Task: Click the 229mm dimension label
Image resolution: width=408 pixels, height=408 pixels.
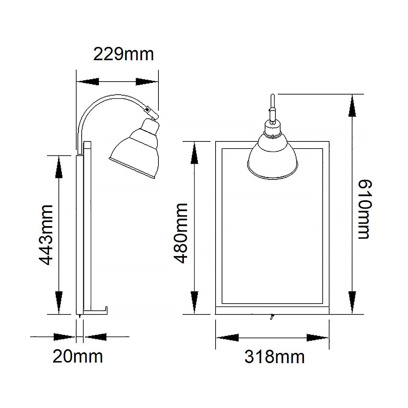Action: pos(123,54)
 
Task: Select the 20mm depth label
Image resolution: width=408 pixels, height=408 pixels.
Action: pos(78,357)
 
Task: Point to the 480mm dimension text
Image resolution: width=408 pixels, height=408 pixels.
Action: pos(181,233)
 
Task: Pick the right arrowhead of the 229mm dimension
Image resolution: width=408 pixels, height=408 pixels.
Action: pos(147,82)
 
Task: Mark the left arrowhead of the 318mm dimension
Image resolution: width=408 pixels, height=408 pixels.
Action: pos(228,338)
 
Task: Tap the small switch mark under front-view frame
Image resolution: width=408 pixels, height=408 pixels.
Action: pos(271,317)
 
